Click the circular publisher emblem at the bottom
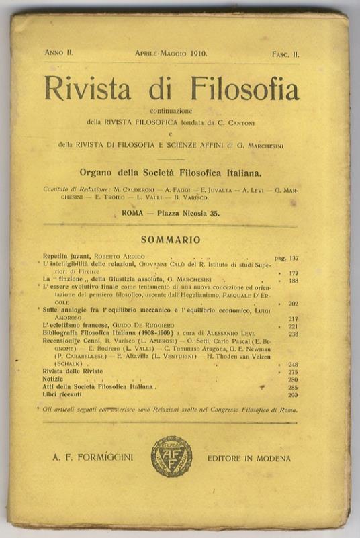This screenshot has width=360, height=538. point(171,457)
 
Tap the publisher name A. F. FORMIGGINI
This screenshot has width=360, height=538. point(92,458)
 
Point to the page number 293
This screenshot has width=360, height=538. point(294,394)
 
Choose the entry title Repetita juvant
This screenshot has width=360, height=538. point(65,257)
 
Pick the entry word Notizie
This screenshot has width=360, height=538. point(54,379)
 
